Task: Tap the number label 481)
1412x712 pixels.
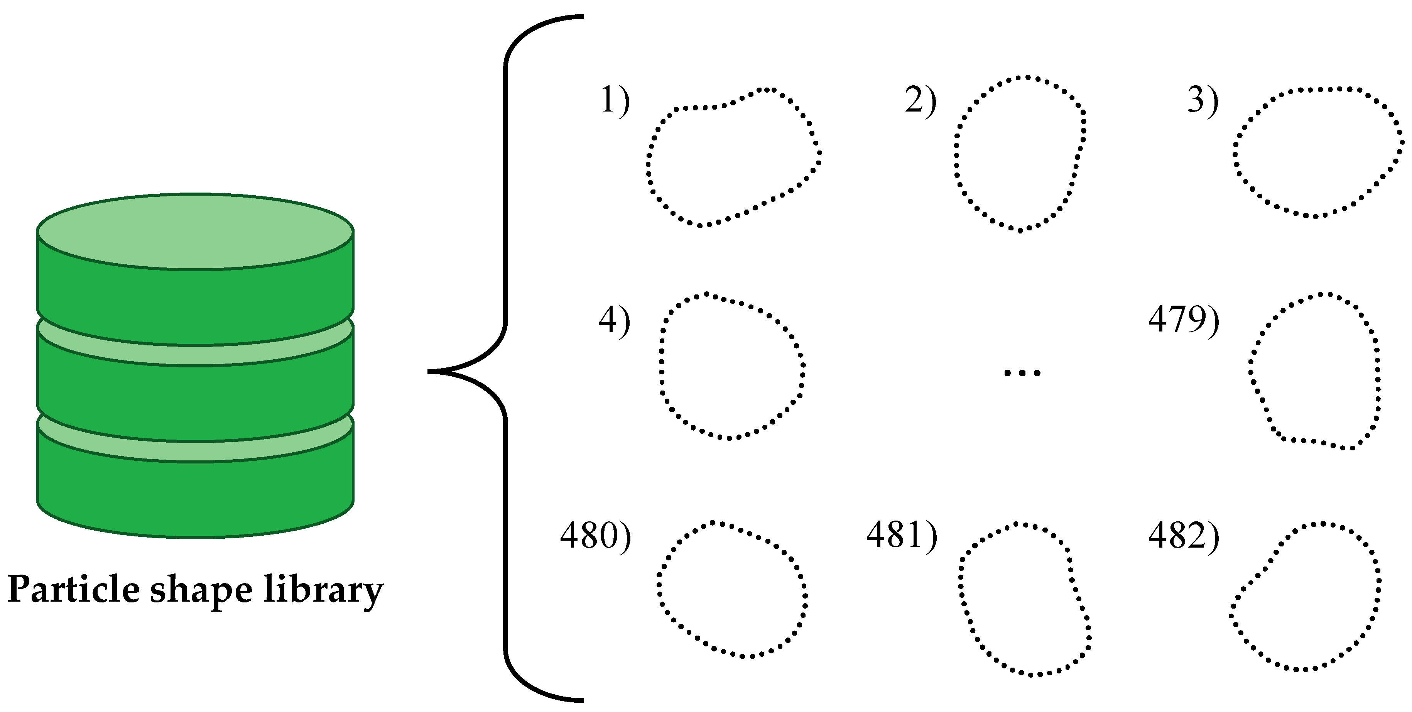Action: [x=902, y=536]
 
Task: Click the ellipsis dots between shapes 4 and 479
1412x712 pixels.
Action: [x=1022, y=373]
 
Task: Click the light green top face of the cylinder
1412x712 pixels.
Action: [x=195, y=231]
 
